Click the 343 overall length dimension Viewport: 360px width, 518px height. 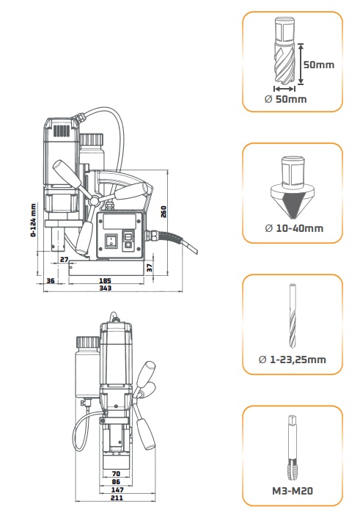pyautogui.click(x=106, y=288)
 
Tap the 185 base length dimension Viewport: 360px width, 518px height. pyautogui.click(x=106, y=281)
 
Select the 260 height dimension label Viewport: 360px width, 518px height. pyautogui.click(x=164, y=212)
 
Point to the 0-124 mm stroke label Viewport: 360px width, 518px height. pyautogui.click(x=33, y=219)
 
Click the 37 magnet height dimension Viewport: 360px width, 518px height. pyautogui.click(x=150, y=268)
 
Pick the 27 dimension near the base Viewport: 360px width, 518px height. pyautogui.click(x=65, y=260)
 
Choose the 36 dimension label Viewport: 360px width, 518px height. pyautogui.click(x=50, y=281)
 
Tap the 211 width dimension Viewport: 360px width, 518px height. pyautogui.click(x=117, y=497)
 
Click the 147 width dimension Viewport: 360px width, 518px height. pyautogui.click(x=117, y=489)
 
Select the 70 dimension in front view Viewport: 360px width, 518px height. pyautogui.click(x=116, y=474)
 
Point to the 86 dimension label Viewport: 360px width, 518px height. pyautogui.click(x=116, y=481)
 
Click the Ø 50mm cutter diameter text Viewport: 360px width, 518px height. pyautogui.click(x=286, y=99)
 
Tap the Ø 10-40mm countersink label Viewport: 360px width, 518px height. pyautogui.click(x=294, y=228)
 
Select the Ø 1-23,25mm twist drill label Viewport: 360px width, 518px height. pyautogui.click(x=293, y=360)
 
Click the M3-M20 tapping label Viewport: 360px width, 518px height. pyautogui.click(x=293, y=491)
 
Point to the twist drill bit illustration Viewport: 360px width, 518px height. pyautogui.click(x=293, y=315)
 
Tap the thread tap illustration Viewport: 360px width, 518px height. pyautogui.click(x=293, y=448)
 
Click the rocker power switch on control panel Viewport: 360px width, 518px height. pyautogui.click(x=111, y=241)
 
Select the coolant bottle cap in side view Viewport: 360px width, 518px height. pyautogui.click(x=91, y=139)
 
